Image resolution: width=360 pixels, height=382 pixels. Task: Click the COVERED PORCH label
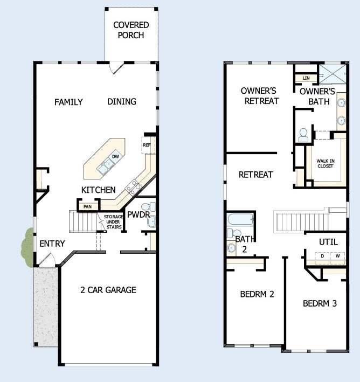pos(131,30)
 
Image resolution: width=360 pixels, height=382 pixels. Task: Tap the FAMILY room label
pos(68,102)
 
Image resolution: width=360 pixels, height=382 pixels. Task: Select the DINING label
pos(122,101)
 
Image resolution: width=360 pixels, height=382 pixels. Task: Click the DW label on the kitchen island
pos(115,157)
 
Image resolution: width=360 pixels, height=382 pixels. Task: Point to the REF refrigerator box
pos(147,144)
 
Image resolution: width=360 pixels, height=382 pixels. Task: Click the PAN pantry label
pos(87,206)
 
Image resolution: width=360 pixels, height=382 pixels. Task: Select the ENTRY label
pos(52,244)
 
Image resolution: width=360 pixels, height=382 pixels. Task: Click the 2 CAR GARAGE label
pos(108,290)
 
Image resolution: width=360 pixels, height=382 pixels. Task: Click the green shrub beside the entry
pos(27,246)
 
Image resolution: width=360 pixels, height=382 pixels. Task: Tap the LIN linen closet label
pos(306,78)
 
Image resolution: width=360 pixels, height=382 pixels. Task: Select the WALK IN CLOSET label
pos(325,163)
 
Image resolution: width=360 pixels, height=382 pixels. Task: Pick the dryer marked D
pos(322,256)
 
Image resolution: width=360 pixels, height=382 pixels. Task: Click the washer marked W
pos(337,256)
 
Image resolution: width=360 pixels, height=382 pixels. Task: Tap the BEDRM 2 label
pos(257,294)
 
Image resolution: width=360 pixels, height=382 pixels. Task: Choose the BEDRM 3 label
pos(320,303)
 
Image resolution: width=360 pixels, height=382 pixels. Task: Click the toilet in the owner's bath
pos(303,134)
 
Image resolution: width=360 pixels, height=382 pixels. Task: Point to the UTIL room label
pos(328,242)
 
